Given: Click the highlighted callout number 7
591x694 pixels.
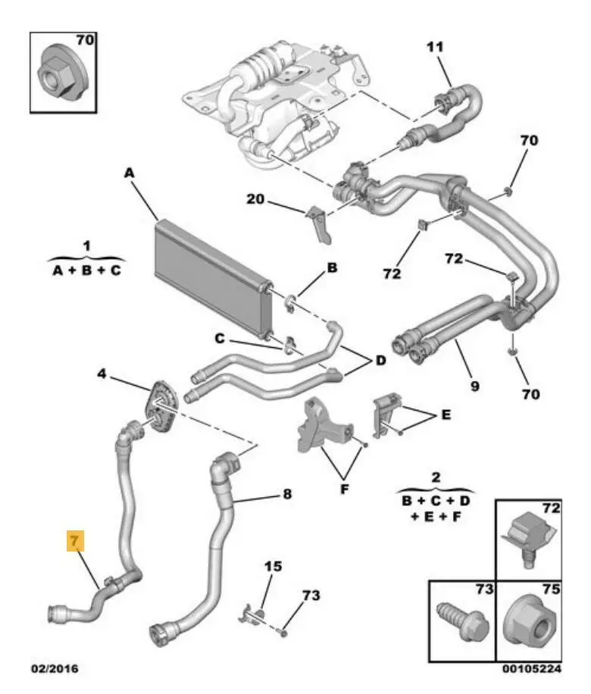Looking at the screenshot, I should coord(76,541).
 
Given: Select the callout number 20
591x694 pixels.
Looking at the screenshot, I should coord(255,200).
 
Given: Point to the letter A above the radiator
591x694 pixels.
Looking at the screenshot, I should coord(129,173).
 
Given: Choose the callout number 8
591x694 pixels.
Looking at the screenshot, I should coord(286,495).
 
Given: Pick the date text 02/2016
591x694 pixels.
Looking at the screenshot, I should coord(53,669).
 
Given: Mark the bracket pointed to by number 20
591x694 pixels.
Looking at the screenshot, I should coord(321,224).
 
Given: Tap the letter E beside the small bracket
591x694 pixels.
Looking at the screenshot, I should coord(446,416).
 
